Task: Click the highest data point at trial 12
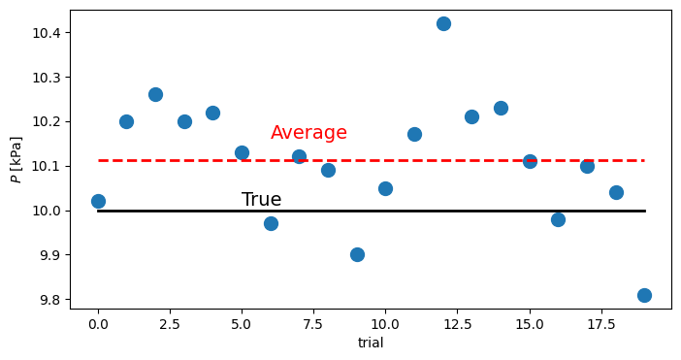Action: (x=443, y=23)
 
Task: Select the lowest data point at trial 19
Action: (x=644, y=295)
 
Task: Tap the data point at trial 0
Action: (x=98, y=201)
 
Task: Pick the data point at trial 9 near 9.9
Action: (x=357, y=254)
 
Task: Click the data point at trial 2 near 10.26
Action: (x=155, y=94)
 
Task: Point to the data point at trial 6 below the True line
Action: (x=271, y=223)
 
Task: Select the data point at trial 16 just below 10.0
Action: (x=558, y=219)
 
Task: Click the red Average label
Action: (x=308, y=133)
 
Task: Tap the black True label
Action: (x=261, y=200)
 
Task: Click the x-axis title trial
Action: (x=371, y=342)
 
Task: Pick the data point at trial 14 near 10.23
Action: (x=501, y=108)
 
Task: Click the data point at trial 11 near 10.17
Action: (x=414, y=134)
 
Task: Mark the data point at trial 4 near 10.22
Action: (x=212, y=113)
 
